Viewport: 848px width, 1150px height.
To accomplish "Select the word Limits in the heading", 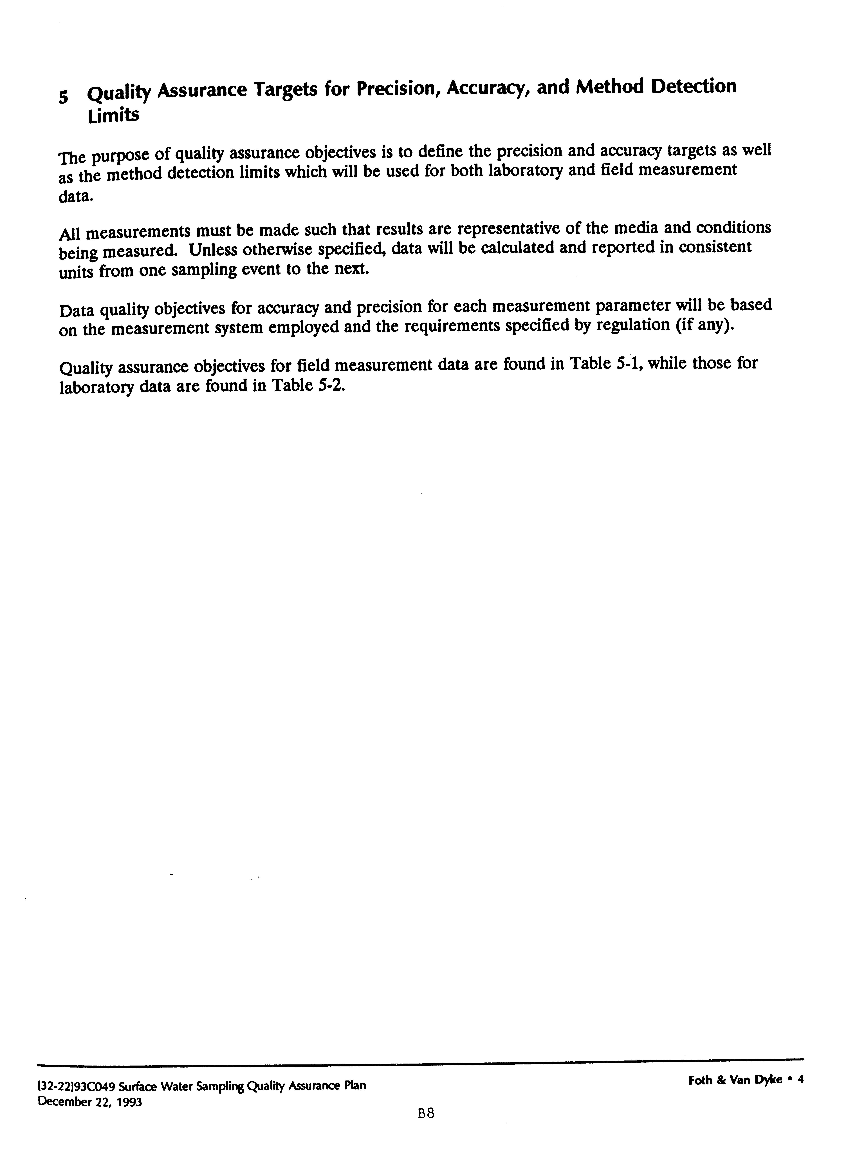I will click(x=113, y=115).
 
